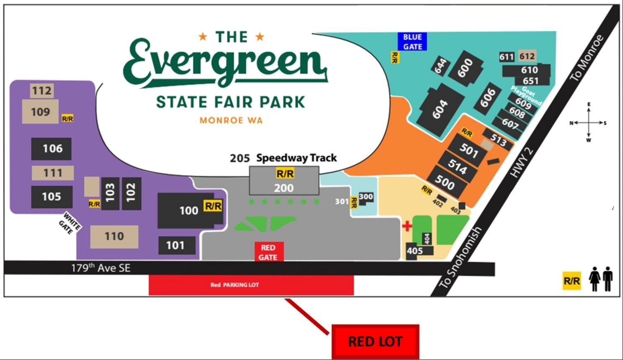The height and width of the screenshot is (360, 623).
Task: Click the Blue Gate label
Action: [412, 41]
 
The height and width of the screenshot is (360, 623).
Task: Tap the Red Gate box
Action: [268, 252]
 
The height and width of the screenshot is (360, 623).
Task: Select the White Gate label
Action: [70, 223]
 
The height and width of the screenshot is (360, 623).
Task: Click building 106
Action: [52, 148]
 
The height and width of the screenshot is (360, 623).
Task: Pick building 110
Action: [114, 236]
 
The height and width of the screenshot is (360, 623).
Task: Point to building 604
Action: [440, 109]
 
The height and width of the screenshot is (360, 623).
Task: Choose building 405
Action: [415, 251]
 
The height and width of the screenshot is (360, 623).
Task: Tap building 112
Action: [42, 91]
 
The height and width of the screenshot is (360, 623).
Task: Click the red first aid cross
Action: [407, 226]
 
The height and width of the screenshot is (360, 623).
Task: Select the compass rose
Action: [589, 123]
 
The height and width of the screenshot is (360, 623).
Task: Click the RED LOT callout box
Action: [375, 342]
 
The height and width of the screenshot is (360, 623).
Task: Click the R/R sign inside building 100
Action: [212, 206]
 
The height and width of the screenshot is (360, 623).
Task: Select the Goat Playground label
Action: [526, 95]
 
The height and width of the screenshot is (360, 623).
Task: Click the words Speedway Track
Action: [297, 158]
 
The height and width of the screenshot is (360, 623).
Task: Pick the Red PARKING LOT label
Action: [235, 285]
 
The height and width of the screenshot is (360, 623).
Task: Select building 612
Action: [527, 56]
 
